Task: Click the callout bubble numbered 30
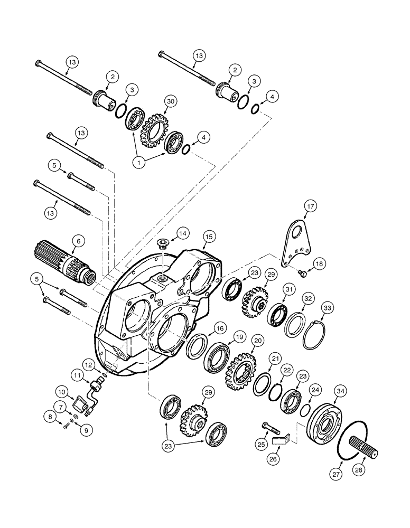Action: click(x=170, y=101)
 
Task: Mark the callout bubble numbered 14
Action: click(x=181, y=232)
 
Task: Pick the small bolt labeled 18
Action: click(x=302, y=273)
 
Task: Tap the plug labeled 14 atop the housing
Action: click(x=163, y=243)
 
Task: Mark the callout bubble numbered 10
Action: click(x=61, y=392)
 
